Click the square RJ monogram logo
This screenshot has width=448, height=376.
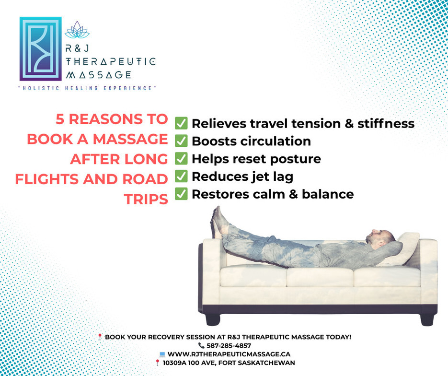pyautogui.click(x=41, y=49)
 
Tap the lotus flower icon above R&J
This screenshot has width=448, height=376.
pyautogui.click(x=77, y=30)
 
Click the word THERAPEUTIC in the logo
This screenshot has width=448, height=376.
pyautogui.click(x=111, y=61)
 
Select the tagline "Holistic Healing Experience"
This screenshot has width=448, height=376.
pyautogui.click(x=87, y=88)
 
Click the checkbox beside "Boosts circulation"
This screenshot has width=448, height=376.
pyautogui.click(x=181, y=141)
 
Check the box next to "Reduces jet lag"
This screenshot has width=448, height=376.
pyautogui.click(x=181, y=176)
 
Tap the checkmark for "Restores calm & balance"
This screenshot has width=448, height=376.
pyautogui.click(x=181, y=194)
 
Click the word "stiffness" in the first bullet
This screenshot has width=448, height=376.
pyautogui.click(x=386, y=124)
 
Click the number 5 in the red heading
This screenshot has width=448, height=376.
pyautogui.click(x=60, y=119)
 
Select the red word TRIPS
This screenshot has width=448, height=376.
pyautogui.click(x=146, y=200)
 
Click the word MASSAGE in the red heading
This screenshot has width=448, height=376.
pyautogui.click(x=130, y=139)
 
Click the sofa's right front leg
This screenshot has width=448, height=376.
pyautogui.click(x=428, y=319)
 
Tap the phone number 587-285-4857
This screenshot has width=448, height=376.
pyautogui.click(x=229, y=346)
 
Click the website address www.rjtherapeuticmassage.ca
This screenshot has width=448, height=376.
pyautogui.click(x=229, y=354)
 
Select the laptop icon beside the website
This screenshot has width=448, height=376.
pyautogui.click(x=162, y=354)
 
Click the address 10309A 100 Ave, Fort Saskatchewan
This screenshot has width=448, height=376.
pyautogui.click(x=229, y=363)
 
